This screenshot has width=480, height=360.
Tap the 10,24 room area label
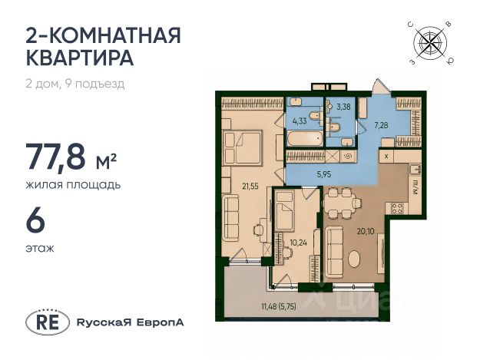[299, 243]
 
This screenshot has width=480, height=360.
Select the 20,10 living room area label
[365, 231]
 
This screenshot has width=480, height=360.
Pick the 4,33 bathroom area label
[300, 121]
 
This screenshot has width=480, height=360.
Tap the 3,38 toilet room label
[343, 107]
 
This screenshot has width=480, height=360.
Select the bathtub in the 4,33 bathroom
[305, 139]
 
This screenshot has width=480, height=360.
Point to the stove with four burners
[398, 208]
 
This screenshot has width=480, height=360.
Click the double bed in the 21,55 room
[243, 147]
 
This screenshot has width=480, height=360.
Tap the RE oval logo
[47, 322]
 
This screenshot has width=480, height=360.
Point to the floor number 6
[36, 221]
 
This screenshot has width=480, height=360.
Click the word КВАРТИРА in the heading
[80, 58]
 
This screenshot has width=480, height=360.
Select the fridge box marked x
[386, 156]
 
